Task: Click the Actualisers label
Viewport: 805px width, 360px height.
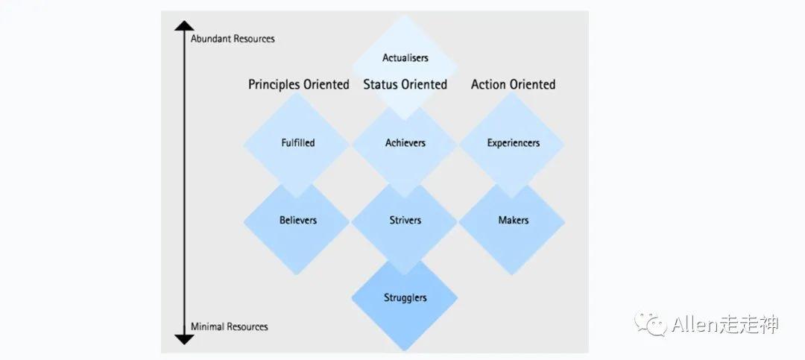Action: click(x=405, y=57)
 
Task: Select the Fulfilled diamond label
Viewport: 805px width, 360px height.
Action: click(x=297, y=142)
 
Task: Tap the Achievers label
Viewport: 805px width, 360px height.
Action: click(x=405, y=142)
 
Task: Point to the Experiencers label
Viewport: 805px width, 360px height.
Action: click(x=513, y=142)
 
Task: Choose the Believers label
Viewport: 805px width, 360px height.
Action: click(x=298, y=220)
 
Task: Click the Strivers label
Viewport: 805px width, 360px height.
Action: click(x=405, y=220)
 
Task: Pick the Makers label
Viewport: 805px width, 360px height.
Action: click(x=513, y=220)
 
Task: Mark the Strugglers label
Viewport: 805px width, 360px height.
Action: click(x=405, y=297)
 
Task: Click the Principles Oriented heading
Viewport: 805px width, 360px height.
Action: click(x=298, y=84)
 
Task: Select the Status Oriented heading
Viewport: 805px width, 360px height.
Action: click(x=405, y=84)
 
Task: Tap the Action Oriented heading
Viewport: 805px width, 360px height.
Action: click(x=513, y=84)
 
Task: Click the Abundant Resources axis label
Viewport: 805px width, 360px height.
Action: click(x=233, y=39)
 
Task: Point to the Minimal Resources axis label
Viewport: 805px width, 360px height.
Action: click(x=229, y=326)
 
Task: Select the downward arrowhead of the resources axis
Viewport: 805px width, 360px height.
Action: click(x=184, y=339)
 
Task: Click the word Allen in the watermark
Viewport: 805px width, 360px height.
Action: click(x=694, y=324)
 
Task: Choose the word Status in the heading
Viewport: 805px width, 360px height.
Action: click(x=379, y=84)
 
